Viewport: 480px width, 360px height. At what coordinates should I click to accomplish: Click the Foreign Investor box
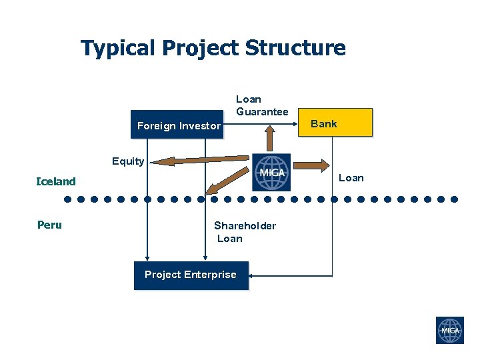click(177, 125)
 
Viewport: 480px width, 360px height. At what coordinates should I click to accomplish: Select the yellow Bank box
click(342, 123)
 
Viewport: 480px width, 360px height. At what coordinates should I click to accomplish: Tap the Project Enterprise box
click(191, 275)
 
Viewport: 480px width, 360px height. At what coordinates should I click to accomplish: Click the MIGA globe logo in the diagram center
click(271, 173)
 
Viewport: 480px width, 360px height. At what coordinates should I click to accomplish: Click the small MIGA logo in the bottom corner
click(449, 331)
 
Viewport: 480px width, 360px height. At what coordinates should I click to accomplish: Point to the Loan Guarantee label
click(262, 105)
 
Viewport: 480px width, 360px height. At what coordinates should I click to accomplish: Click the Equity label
click(128, 161)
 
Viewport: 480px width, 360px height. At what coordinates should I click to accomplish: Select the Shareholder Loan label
click(244, 232)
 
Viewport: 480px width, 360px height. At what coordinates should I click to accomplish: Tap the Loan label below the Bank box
click(351, 177)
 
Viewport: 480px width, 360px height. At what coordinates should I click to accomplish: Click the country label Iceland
click(56, 181)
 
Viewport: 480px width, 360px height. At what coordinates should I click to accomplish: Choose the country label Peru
click(49, 225)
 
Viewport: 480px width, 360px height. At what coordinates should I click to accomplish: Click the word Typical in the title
click(118, 48)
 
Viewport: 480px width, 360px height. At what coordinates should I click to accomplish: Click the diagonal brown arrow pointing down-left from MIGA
click(226, 180)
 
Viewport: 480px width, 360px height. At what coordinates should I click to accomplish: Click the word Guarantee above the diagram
click(262, 111)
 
